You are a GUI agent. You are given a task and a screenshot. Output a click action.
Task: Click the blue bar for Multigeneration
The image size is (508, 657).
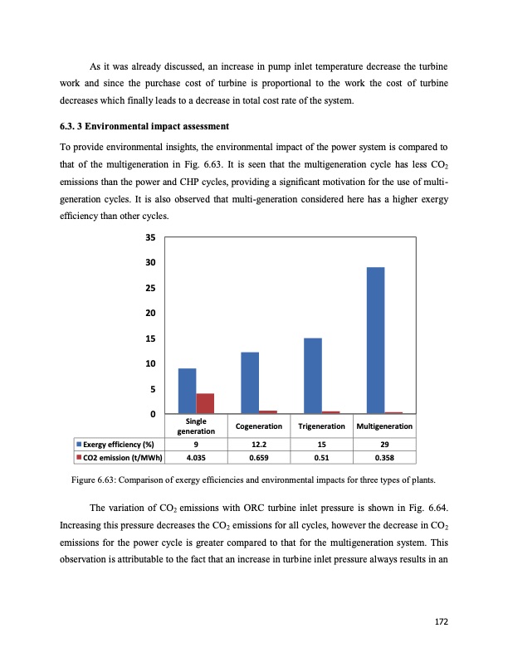tap(375, 340)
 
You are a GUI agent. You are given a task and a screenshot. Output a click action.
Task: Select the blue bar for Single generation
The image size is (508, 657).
tap(187, 391)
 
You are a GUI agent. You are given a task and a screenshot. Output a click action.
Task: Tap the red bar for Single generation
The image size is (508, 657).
tap(205, 403)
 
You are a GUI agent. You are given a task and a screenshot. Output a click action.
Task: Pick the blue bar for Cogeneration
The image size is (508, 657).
tap(249, 382)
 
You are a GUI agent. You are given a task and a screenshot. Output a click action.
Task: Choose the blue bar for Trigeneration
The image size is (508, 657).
tap(312, 376)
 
